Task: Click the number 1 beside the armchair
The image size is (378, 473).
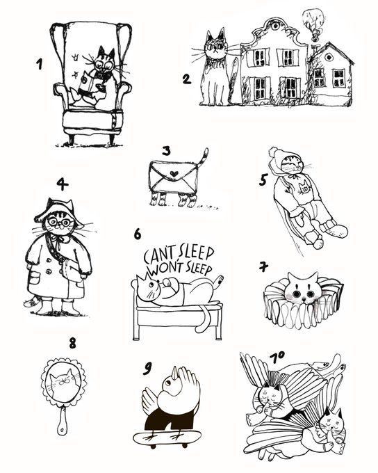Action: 39,64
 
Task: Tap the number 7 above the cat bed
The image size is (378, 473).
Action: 264,266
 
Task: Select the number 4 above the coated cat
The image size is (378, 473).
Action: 62,184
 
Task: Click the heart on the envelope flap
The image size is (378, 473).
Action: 174,174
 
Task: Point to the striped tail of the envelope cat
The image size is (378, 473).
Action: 203,158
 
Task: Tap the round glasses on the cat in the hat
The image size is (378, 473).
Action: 60,223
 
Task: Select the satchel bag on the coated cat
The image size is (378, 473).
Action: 71,271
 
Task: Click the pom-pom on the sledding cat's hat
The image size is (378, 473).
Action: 273,152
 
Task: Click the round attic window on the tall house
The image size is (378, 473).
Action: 274,26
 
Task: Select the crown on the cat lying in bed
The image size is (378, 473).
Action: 140,278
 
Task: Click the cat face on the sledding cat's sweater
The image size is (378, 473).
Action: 304,187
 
